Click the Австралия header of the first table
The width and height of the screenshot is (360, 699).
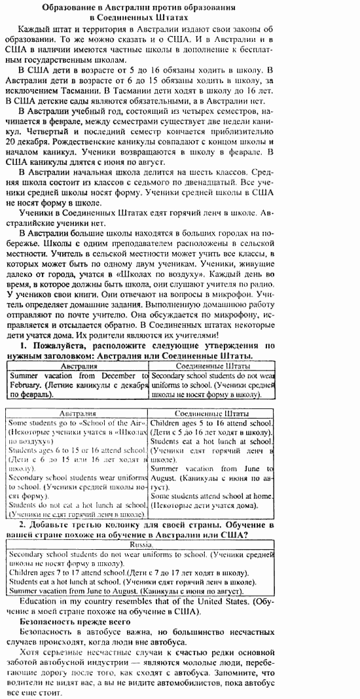(79, 367)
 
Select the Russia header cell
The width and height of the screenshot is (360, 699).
(141, 544)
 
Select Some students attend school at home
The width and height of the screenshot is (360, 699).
(211, 495)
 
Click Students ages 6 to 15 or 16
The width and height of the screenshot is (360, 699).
(77, 450)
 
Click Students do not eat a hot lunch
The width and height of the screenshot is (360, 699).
(77, 505)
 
